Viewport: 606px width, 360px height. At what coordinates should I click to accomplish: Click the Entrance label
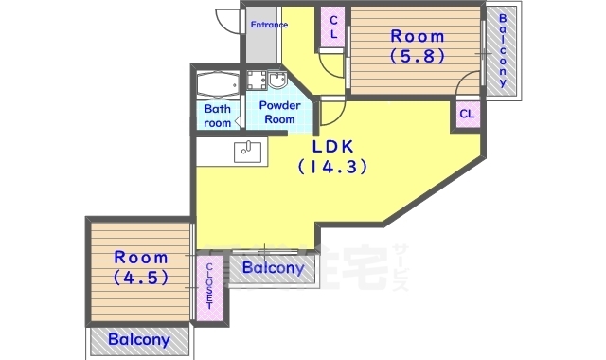point(269,25)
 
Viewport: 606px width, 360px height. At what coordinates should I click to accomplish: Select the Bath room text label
point(217,116)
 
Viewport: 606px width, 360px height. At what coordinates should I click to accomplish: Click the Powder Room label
point(279,112)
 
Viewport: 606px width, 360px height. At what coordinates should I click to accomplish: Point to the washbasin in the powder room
point(277,79)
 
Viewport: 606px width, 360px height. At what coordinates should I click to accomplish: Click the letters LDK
point(332,146)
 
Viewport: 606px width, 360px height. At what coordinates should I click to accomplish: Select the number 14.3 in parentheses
point(332,167)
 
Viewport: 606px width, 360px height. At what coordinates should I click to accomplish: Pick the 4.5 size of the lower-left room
point(141,279)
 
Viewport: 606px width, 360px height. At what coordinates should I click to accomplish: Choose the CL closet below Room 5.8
point(467,115)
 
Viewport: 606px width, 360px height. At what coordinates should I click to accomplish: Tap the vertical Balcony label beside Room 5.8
point(503,47)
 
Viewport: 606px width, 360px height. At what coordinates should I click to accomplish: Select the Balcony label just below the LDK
point(273,268)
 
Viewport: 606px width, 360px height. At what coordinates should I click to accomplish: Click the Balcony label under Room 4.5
point(138,339)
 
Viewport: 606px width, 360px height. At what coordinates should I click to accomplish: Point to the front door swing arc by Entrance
point(227,19)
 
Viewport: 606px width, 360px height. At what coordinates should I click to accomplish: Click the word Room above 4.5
point(141,258)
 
